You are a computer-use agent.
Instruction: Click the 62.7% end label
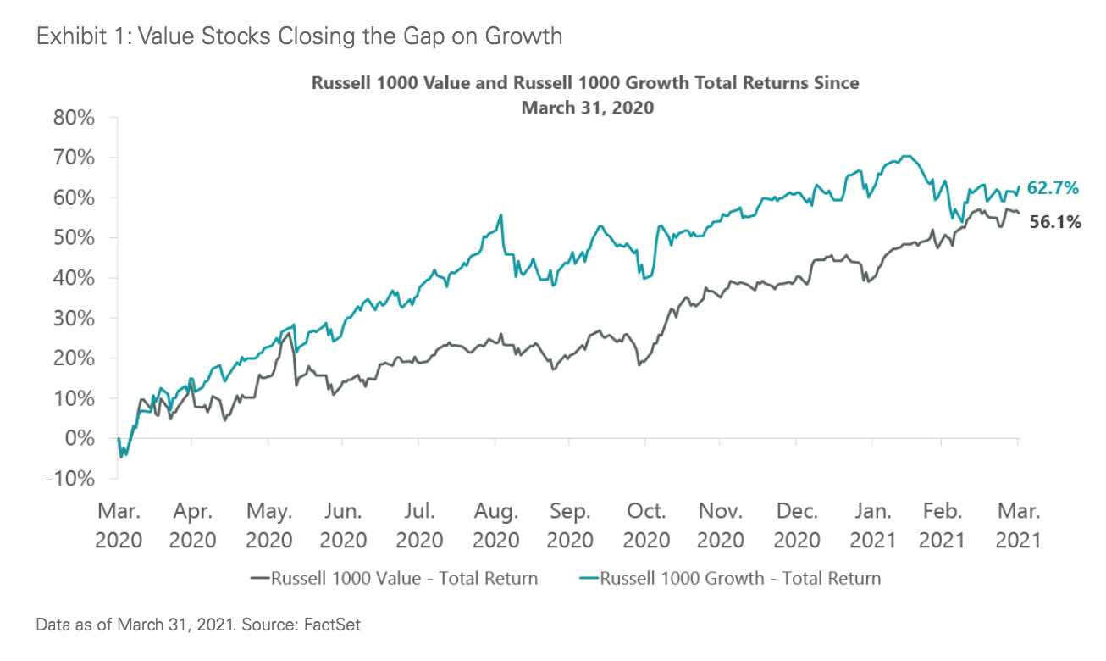coord(1053,188)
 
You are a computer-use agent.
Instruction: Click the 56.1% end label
coord(1056,222)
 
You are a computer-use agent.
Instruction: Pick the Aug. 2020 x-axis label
coord(496,525)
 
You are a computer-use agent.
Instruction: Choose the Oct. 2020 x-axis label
coord(647,525)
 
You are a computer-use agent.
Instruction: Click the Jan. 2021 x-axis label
coord(872,525)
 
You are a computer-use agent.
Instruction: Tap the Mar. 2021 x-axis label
coord(1017,525)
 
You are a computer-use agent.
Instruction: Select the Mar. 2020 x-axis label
coord(119,525)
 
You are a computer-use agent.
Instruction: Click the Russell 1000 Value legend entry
coord(395,579)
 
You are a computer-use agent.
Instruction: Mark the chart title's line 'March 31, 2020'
coord(587,108)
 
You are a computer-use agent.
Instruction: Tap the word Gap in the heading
coord(411,36)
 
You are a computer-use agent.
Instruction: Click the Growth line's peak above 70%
coord(907,156)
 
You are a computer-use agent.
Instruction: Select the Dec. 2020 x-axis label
coord(797,525)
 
